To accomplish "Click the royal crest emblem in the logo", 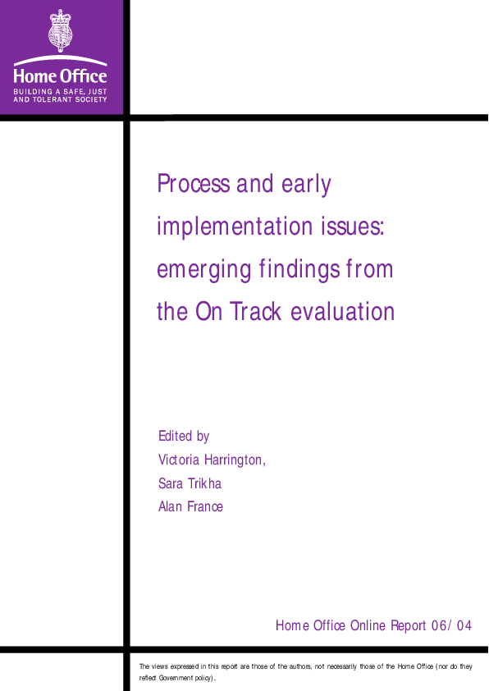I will coord(61,30).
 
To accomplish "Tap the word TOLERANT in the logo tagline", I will coord(56,99).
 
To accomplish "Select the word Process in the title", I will coord(193,185).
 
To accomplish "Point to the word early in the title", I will coord(306,185).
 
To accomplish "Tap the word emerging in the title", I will coord(203,270).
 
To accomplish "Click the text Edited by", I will coord(184,437).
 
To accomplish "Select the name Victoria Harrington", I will coord(212,460).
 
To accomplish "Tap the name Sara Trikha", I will coord(190,483).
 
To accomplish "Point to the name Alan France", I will coord(190,507).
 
